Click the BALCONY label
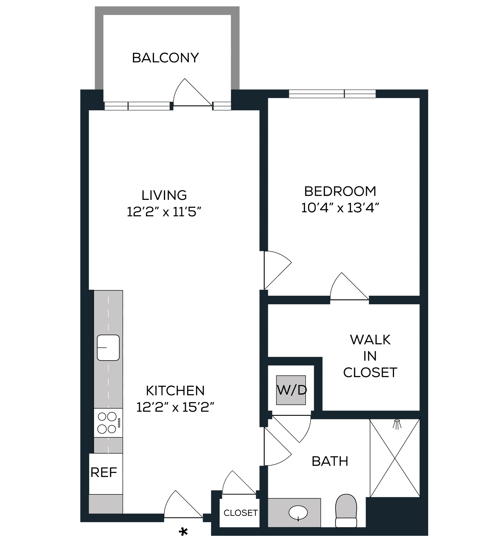165,58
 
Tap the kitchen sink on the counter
108,348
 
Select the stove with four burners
108,423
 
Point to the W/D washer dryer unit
291,390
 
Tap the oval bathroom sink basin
298,513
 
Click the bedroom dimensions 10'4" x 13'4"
340,208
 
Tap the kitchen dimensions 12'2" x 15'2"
175,407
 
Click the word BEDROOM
340,191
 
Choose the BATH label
330,461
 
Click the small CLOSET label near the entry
241,513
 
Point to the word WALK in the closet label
370,340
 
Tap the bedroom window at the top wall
332,94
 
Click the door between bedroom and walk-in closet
349,286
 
